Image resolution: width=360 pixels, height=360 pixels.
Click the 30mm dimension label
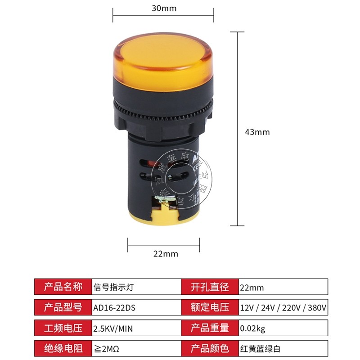click(163, 9)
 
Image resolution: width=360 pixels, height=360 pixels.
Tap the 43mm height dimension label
click(257, 132)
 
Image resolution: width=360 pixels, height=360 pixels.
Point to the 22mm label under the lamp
click(166, 254)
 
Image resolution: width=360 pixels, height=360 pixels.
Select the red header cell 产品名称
click(63, 287)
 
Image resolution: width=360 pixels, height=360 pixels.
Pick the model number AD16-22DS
click(114, 308)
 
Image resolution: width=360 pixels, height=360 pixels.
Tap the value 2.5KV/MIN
click(113, 328)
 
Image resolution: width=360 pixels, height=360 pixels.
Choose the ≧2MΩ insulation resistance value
click(106, 348)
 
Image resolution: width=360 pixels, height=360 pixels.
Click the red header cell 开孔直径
click(210, 287)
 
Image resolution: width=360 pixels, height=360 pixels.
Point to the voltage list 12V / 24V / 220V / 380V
click(283, 308)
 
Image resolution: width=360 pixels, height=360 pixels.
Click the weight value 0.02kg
click(253, 328)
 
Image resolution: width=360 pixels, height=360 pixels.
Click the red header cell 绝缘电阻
click(63, 348)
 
